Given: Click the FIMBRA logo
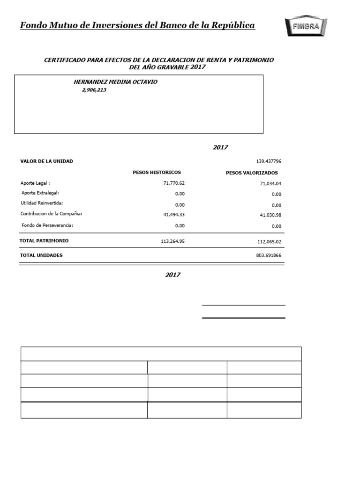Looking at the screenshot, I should point(306,26).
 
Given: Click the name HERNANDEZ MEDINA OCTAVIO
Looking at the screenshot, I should point(116,82).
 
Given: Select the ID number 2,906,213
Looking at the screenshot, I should point(94,90).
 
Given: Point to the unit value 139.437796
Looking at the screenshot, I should point(269,161).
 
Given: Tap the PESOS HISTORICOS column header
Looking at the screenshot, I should point(157,172).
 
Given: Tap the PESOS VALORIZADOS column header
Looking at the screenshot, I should point(252,173).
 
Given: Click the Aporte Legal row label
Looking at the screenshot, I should point(35,183).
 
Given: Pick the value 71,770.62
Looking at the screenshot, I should point(172,183).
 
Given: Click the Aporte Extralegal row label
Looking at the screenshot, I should point(40,193).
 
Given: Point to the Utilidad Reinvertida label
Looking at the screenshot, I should point(42,203).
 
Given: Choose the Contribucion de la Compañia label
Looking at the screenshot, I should point(52,214).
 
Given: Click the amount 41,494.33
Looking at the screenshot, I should point(172,214).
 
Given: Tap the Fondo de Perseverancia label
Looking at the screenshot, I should point(47,225).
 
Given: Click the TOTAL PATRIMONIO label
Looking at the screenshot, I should point(44,240).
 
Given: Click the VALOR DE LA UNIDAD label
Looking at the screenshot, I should point(46,161).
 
